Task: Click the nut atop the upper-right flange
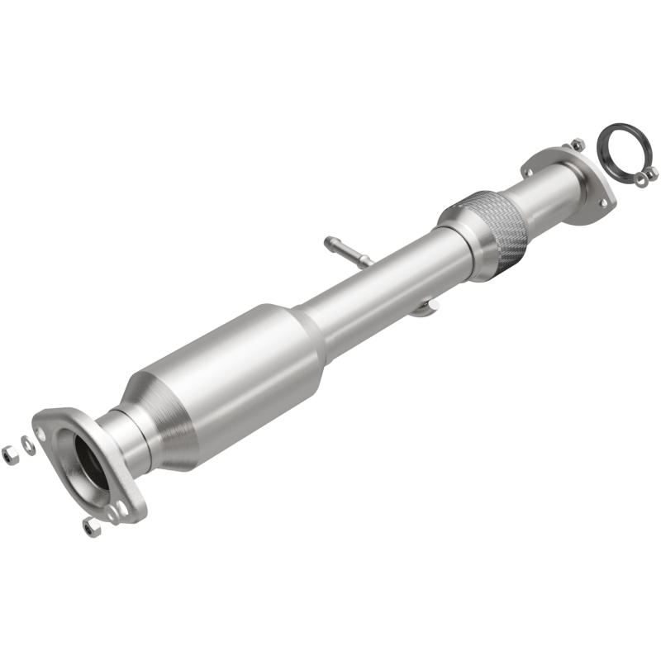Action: tap(577, 145)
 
